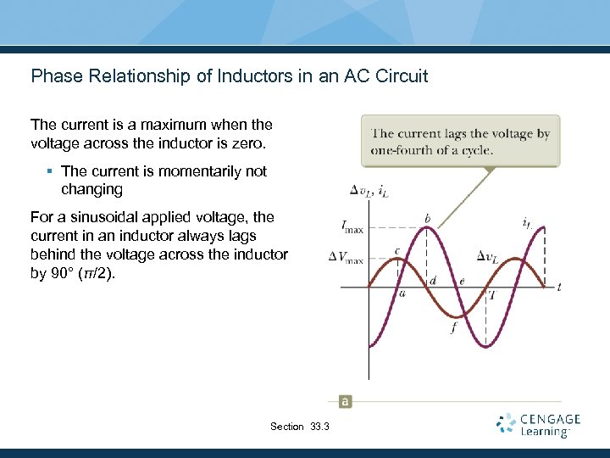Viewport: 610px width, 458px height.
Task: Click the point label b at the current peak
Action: [x=427, y=219]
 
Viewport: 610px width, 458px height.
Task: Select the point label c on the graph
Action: [x=397, y=251]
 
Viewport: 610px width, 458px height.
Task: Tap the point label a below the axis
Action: [x=402, y=293]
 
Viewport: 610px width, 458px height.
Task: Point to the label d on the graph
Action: [x=433, y=281]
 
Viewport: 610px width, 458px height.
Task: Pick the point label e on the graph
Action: [x=462, y=281]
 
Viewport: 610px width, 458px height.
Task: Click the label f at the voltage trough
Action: [x=454, y=327]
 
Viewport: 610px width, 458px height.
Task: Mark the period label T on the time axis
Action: [x=491, y=294]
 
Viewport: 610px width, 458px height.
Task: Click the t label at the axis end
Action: [x=559, y=288]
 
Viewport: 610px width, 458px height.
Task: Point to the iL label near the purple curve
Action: [x=528, y=224]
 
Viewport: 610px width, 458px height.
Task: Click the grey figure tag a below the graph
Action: [x=345, y=401]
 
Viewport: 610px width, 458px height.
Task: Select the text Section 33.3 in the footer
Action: [x=299, y=427]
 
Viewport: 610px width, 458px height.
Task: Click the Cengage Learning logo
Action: [x=538, y=425]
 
